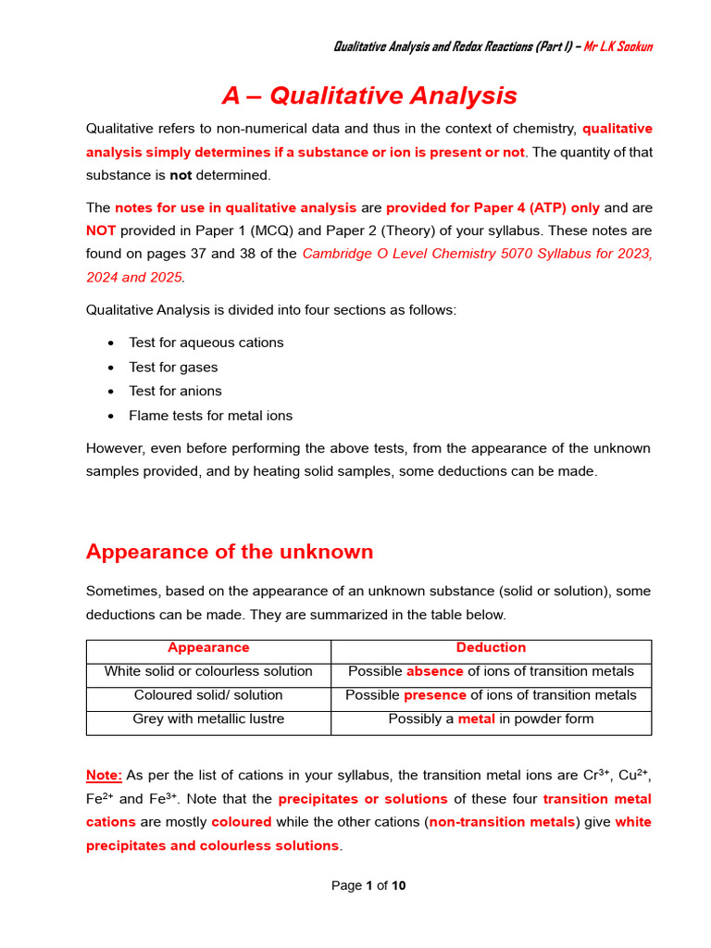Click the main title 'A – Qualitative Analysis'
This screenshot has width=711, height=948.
pyautogui.click(x=368, y=95)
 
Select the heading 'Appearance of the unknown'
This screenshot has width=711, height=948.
pyautogui.click(x=230, y=552)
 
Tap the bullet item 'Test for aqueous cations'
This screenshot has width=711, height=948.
pyautogui.click(x=206, y=343)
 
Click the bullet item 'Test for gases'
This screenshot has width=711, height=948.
pyautogui.click(x=173, y=367)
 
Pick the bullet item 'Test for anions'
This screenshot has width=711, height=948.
pyautogui.click(x=175, y=391)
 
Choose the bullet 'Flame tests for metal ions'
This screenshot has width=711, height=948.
pyautogui.click(x=210, y=416)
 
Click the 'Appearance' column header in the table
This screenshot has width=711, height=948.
pyautogui.click(x=208, y=648)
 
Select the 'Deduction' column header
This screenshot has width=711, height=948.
pyautogui.click(x=491, y=648)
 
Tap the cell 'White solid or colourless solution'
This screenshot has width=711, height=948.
pyautogui.click(x=208, y=671)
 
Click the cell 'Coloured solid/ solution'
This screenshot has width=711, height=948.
pyautogui.click(x=208, y=695)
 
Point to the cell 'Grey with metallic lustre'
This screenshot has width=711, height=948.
pyautogui.click(x=208, y=719)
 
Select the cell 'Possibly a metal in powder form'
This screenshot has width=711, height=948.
pyautogui.click(x=491, y=719)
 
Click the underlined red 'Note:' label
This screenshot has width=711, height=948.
pyautogui.click(x=104, y=774)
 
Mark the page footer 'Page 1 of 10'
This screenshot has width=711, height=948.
pyautogui.click(x=368, y=886)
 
